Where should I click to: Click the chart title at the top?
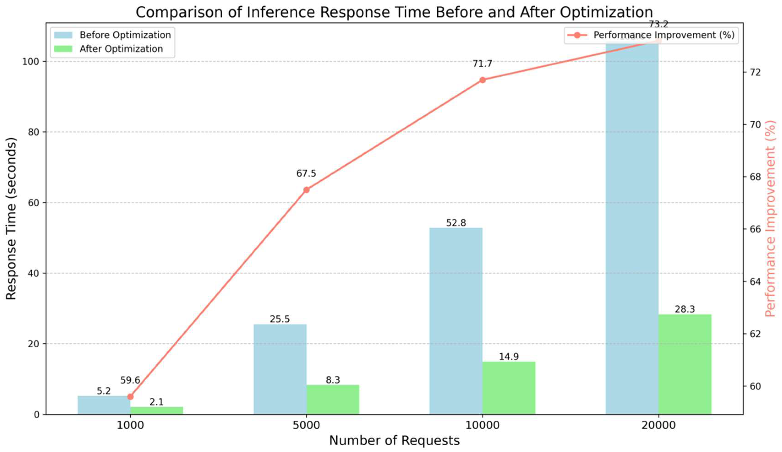click(394, 12)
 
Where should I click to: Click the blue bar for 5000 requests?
click(280, 369)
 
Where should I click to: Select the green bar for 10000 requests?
click(509, 388)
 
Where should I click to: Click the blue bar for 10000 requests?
click(456, 321)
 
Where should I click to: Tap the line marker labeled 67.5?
click(306, 190)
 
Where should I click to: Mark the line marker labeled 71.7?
click(482, 80)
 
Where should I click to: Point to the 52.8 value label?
click(456, 223)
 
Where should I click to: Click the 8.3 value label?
click(333, 380)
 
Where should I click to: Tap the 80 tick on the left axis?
click(33, 132)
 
